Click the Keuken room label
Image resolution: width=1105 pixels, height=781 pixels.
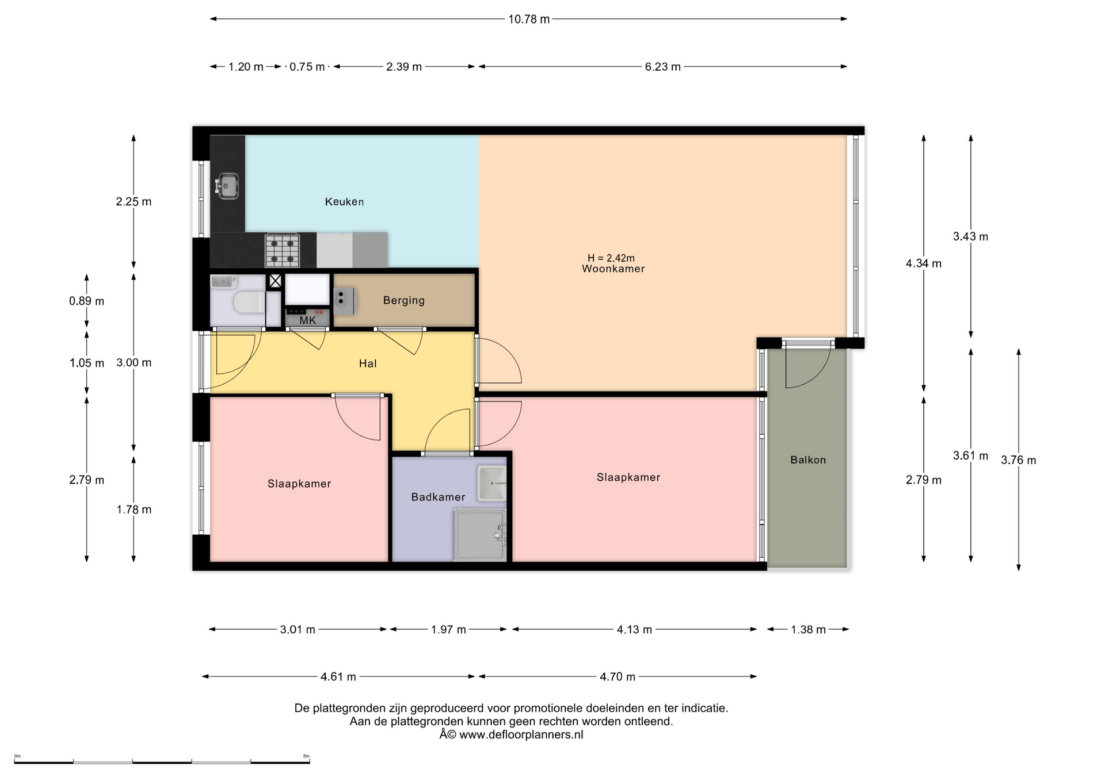(344, 202)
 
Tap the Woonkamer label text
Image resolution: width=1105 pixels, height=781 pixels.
(613, 269)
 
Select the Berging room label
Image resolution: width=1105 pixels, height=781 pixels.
(404, 300)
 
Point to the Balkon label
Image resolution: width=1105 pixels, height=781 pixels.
(808, 460)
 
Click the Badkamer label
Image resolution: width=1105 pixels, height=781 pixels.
(438, 497)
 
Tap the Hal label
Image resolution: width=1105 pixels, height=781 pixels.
(368, 363)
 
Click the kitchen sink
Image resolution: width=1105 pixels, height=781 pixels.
(227, 186)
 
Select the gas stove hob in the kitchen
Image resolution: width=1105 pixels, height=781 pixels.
(282, 250)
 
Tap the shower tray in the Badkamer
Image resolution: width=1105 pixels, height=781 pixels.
(480, 535)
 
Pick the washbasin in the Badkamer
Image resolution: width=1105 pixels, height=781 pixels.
(491, 483)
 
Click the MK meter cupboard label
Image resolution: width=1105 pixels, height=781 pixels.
(308, 320)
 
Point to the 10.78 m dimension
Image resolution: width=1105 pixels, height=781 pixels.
(529, 19)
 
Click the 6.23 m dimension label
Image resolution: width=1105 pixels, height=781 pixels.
(663, 67)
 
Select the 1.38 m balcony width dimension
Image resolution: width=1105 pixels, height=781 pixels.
(808, 630)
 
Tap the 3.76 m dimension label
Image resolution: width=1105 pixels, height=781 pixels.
(1019, 460)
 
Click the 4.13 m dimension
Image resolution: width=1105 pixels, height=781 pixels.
(634, 630)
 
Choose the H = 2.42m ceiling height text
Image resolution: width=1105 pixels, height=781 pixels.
(611, 258)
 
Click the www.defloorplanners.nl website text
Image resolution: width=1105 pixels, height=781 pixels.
(521, 735)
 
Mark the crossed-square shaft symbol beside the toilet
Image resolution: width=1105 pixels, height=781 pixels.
(276, 281)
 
